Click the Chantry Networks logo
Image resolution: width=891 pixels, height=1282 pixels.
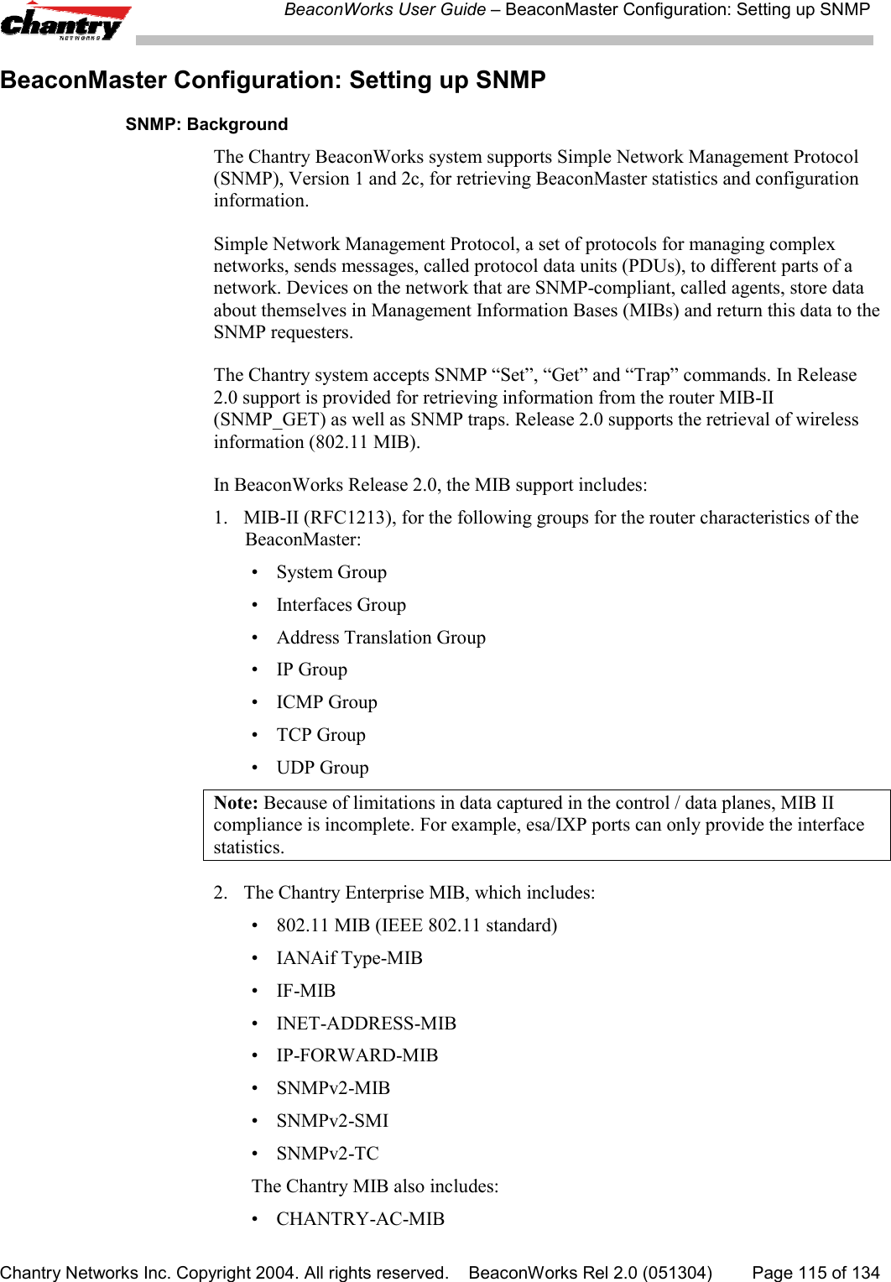point(65,23)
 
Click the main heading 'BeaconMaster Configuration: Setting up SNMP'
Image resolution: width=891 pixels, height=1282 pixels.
point(273,81)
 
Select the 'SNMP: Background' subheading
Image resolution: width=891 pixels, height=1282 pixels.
point(206,124)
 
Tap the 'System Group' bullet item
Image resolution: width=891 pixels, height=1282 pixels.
point(331,572)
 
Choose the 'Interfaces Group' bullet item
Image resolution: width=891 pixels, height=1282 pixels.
point(341,605)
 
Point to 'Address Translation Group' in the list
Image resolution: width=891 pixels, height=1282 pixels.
point(381,638)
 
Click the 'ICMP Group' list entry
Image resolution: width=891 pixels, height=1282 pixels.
point(326,702)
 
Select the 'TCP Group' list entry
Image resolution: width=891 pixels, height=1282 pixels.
point(320,735)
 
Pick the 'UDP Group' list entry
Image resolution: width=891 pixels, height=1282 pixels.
point(322,768)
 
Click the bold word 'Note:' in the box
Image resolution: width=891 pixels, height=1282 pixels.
point(236,803)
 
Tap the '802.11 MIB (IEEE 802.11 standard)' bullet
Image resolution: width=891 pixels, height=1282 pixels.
point(416,925)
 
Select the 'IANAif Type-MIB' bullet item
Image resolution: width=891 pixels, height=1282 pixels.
point(349,958)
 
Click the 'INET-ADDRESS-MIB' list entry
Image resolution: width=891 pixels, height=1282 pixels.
point(366,1024)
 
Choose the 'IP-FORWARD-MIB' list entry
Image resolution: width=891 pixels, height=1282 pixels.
point(357,1055)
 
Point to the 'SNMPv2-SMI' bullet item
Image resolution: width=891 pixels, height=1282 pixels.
point(332,1121)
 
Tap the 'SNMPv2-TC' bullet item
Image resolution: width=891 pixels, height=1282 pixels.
point(327,1154)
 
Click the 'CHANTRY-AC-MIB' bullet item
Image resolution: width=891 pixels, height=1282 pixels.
point(360,1219)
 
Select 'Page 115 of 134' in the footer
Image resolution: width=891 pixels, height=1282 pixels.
point(815,1273)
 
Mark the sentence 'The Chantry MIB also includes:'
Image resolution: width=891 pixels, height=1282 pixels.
point(375,1186)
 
